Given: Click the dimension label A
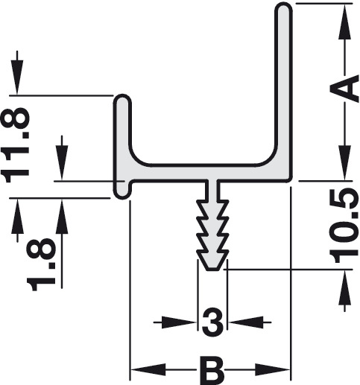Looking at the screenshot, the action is [344, 89].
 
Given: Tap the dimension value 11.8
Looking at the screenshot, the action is [16, 145].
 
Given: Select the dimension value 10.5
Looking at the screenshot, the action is [344, 226].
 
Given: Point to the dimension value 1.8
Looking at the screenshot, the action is [41, 264].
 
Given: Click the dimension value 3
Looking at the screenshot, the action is [212, 322].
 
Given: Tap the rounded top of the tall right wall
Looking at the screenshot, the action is [283, 9].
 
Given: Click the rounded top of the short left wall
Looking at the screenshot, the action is [122, 100].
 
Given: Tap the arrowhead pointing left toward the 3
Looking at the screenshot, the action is [246, 322].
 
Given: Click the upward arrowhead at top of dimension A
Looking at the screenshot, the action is [344, 22].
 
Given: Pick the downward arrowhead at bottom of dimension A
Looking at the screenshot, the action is [344, 162].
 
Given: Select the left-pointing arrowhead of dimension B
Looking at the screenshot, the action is [148, 370].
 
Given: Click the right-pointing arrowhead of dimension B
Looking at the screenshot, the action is [273, 370].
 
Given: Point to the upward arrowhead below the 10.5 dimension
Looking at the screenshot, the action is [344, 287].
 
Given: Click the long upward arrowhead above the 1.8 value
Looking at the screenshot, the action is [62, 216].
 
